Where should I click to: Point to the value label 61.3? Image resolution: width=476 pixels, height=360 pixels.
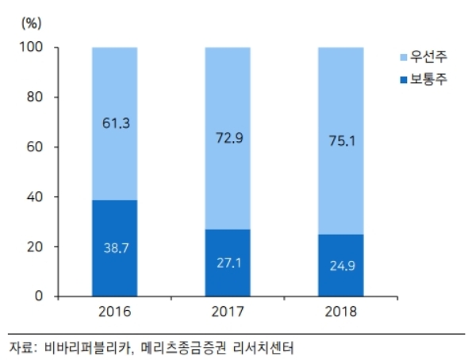coord(116,122)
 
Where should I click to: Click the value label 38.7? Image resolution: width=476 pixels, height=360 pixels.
coord(116,247)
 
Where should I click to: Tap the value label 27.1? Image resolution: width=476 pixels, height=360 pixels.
coord(228,262)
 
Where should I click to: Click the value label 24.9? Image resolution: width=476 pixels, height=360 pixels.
coord(341,266)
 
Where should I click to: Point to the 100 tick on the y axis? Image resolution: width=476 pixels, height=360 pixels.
coord(40,48)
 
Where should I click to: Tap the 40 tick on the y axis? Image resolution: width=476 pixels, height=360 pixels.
coord(43,197)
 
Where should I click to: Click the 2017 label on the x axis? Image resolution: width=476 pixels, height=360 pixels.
coord(228,312)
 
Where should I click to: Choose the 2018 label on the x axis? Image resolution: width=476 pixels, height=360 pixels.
coord(341,312)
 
